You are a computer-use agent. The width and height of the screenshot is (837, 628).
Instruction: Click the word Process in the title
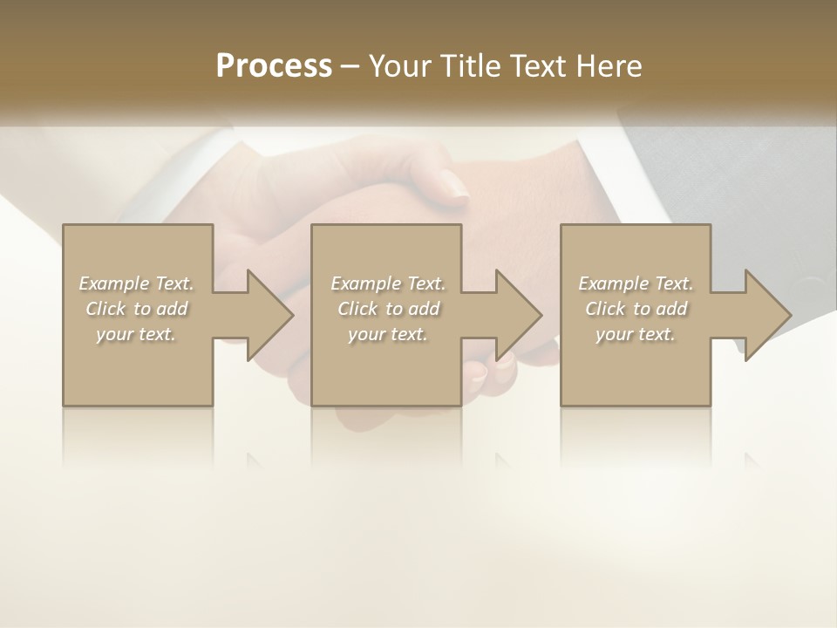click(274, 66)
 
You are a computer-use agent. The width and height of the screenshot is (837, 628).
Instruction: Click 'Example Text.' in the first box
click(136, 283)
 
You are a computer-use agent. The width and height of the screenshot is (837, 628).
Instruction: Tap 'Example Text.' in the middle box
click(388, 283)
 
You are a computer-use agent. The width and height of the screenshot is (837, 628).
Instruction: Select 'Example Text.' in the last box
click(636, 283)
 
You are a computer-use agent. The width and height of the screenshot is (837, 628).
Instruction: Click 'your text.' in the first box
click(136, 334)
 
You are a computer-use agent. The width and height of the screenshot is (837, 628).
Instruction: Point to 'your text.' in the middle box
click(388, 334)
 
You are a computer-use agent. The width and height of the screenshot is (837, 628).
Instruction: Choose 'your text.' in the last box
click(636, 334)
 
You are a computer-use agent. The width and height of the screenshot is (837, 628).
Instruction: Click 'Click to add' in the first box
click(136, 309)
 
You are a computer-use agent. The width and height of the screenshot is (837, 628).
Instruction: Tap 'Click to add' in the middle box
click(388, 309)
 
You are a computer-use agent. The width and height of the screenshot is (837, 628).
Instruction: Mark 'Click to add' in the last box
click(636, 309)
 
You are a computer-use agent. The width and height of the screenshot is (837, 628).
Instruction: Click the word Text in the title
click(534, 66)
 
